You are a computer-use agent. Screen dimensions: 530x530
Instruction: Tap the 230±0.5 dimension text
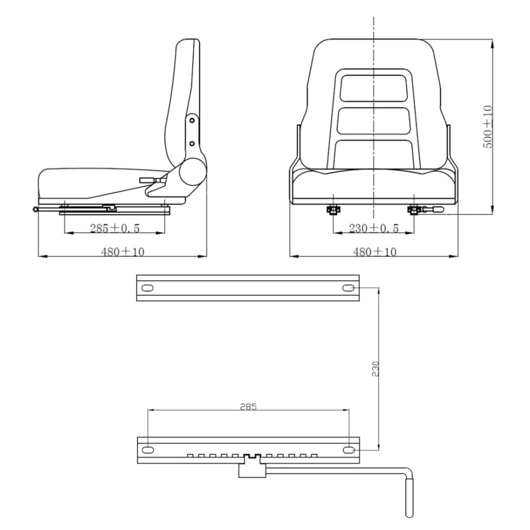373,228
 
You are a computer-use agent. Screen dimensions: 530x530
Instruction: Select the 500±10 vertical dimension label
487,127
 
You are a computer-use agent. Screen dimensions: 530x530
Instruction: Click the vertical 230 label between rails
376,368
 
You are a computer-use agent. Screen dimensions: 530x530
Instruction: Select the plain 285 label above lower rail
247,406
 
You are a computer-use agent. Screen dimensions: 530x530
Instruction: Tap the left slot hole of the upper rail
147,288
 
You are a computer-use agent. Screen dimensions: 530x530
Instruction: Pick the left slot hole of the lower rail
147,450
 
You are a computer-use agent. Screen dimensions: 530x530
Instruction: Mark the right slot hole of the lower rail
348,450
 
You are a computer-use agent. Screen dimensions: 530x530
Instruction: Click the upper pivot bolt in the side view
191,120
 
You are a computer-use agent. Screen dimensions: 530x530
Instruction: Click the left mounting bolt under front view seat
333,210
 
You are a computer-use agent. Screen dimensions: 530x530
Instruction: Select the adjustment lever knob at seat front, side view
36,210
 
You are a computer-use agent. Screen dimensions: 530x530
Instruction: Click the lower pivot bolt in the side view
192,143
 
